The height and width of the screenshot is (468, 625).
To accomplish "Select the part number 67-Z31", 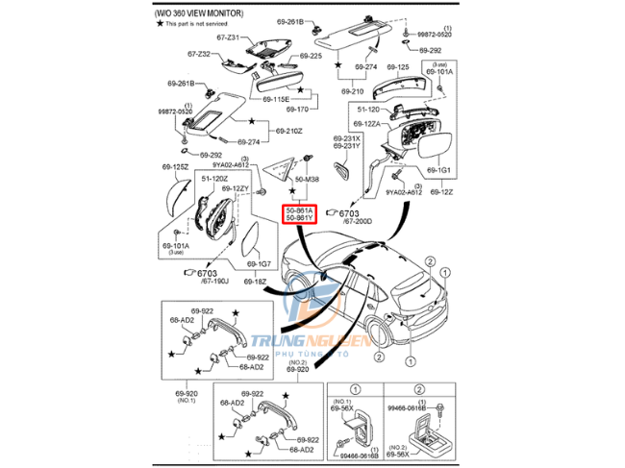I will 226,37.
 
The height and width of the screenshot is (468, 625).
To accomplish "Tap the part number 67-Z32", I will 198,55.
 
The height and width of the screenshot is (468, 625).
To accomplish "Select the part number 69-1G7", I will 258,263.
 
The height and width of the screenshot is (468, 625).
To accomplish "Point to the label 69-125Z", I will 175,167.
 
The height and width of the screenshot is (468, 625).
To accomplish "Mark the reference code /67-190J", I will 213,281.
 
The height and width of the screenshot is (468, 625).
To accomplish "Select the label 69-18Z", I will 255,282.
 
